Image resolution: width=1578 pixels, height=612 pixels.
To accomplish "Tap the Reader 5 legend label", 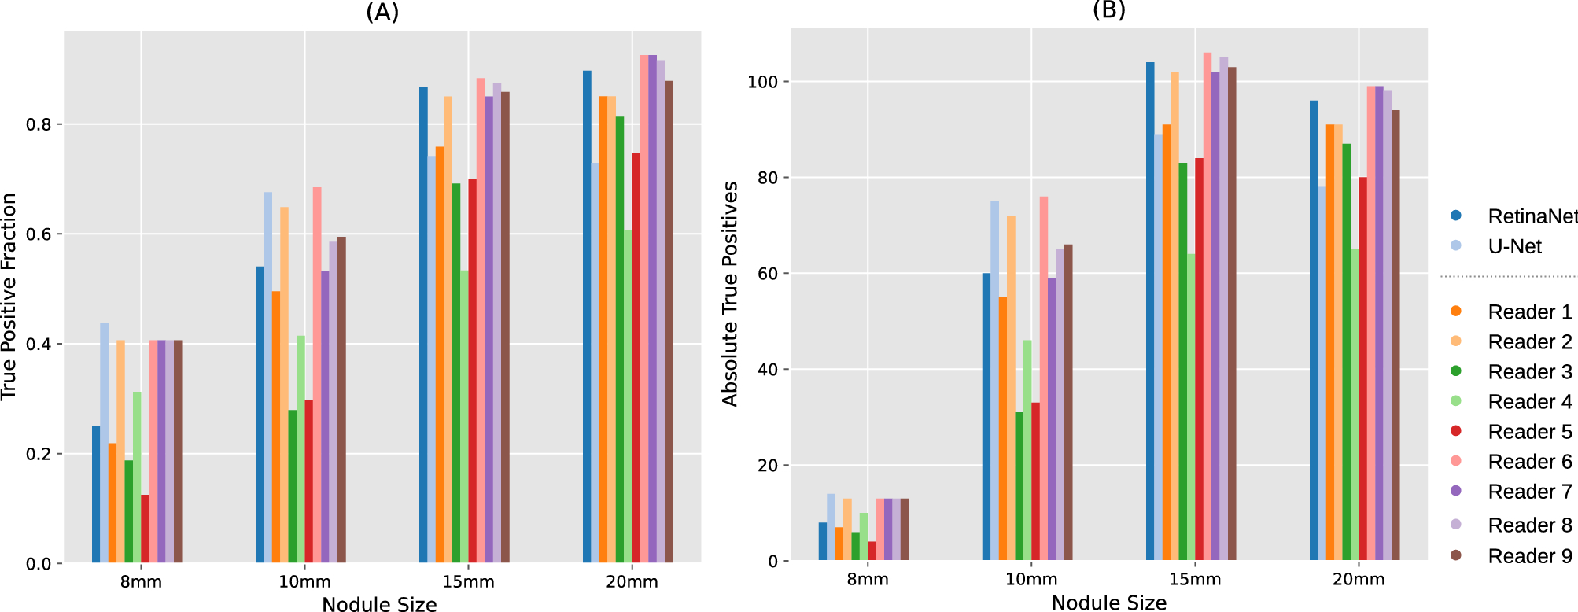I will pyautogui.click(x=1529, y=432).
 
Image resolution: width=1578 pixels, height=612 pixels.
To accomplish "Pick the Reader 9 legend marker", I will pyautogui.click(x=1455, y=555).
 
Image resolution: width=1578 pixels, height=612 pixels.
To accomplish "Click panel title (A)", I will pyautogui.click(x=382, y=12).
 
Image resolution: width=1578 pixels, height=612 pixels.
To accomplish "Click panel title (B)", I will pyautogui.click(x=1108, y=9).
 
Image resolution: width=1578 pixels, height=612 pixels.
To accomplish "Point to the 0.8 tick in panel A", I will pyautogui.click(x=39, y=124).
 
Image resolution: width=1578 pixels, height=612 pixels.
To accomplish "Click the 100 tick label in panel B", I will pyautogui.click(x=762, y=82).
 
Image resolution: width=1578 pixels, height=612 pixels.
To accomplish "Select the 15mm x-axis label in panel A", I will pyautogui.click(x=468, y=582).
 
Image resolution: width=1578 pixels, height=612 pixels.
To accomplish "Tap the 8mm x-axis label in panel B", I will pyautogui.click(x=868, y=580).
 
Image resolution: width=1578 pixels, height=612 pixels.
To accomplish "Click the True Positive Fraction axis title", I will pyautogui.click(x=9, y=297).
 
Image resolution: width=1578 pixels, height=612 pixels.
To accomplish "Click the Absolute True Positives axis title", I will pyautogui.click(x=730, y=294).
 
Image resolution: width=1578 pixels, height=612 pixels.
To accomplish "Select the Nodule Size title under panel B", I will pyautogui.click(x=1108, y=603).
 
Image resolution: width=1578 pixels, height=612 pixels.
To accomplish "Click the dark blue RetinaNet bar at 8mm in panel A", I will pyautogui.click(x=96, y=496).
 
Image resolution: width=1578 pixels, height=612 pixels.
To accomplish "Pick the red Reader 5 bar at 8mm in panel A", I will pyautogui.click(x=145, y=529).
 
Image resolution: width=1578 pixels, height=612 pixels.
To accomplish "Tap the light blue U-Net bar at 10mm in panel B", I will pyautogui.click(x=994, y=382).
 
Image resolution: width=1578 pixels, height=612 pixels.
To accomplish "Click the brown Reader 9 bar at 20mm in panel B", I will pyautogui.click(x=1395, y=336).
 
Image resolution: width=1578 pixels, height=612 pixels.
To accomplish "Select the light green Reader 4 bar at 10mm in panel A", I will pyautogui.click(x=300, y=449).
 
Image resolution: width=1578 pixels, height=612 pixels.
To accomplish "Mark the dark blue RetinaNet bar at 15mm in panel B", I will pyautogui.click(x=1150, y=312).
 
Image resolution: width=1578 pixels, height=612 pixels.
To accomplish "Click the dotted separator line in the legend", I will pyautogui.click(x=1507, y=277).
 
